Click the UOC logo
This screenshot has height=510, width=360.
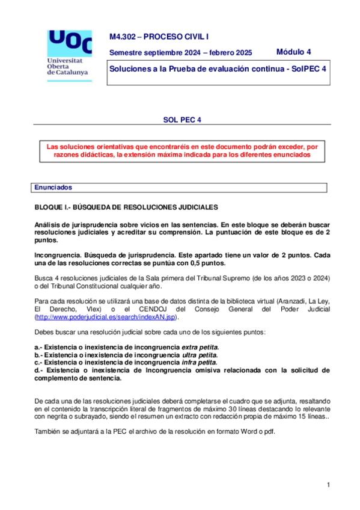point(69,43)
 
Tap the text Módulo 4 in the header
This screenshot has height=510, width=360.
point(294,52)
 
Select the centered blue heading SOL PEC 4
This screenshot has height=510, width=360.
point(181,119)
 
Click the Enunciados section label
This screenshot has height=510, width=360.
point(53,188)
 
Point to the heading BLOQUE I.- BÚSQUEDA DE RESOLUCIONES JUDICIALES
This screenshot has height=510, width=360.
point(126,207)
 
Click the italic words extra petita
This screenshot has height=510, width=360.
point(200,348)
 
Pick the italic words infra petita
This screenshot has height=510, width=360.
point(199,363)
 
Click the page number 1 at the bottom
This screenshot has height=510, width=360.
point(329,485)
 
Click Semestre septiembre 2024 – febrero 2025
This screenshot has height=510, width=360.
point(180,52)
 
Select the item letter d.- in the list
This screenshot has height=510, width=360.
point(40,370)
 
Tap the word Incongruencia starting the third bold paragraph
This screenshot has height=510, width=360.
point(58,254)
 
